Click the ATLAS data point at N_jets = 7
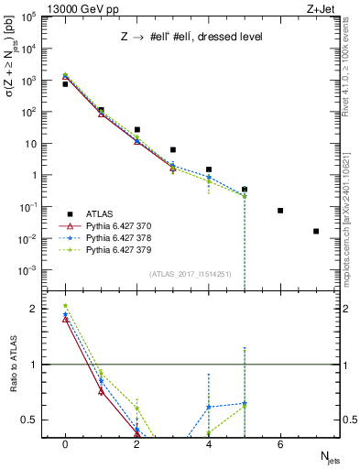(316, 231)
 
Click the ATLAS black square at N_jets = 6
(280, 211)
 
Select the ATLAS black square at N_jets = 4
(209, 169)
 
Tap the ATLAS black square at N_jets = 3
(173, 149)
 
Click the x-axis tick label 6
(280, 444)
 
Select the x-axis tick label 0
(65, 444)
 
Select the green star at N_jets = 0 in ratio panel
(65, 306)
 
